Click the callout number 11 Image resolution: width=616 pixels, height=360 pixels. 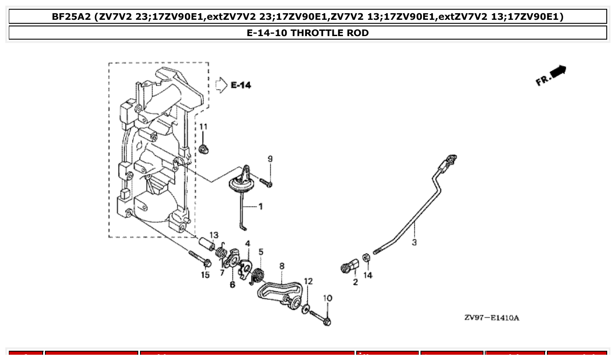[x=203, y=127]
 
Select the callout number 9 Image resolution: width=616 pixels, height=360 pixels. [x=270, y=159]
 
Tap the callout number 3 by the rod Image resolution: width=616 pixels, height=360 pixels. [x=414, y=242]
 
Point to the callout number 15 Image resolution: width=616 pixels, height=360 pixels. [x=205, y=275]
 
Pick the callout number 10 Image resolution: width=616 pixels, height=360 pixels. [x=327, y=298]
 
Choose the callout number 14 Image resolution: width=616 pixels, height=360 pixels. [x=368, y=275]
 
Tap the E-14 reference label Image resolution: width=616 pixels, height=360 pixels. [x=241, y=85]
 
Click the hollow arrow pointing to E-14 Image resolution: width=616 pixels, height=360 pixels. [x=220, y=85]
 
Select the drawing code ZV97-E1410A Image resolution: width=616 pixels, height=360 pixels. [x=491, y=318]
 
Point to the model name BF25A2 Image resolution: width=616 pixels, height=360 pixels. [x=70, y=17]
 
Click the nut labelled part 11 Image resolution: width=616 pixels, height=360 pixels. [x=203, y=149]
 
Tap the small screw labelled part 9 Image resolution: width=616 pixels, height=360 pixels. [x=266, y=182]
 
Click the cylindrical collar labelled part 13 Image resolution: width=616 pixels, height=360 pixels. [x=206, y=244]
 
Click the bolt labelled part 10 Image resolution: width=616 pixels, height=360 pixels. [x=320, y=318]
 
